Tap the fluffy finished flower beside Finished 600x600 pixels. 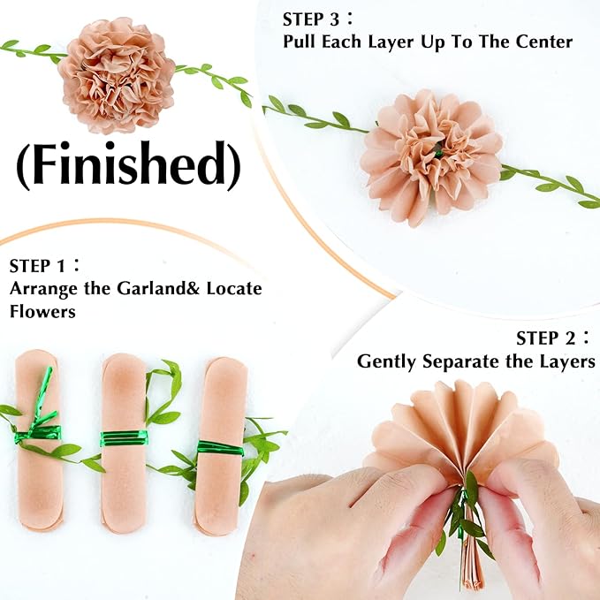click(x=116, y=69)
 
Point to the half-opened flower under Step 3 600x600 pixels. click(x=431, y=156)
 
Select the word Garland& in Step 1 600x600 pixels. click(x=151, y=288)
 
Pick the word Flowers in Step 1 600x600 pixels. click(x=42, y=311)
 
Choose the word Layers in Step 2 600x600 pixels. click(x=563, y=361)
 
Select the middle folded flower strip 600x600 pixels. click(x=124, y=443)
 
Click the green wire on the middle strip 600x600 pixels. click(x=124, y=438)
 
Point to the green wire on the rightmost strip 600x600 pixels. click(x=220, y=448)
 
